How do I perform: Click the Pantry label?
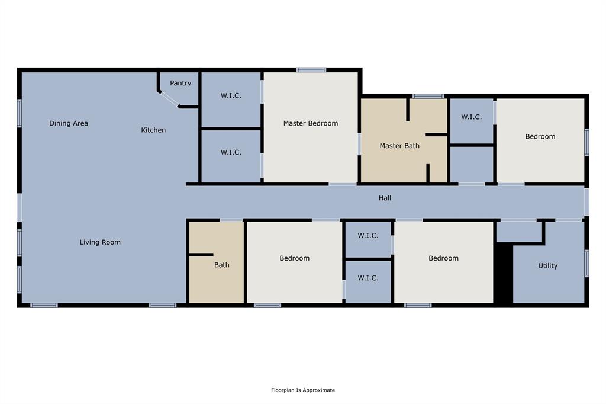pos(180,83)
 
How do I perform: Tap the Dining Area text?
pos(69,123)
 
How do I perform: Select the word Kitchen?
pos(153,130)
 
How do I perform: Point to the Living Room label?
pos(100,242)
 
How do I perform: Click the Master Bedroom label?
pos(311,123)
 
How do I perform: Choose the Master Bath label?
pos(399,146)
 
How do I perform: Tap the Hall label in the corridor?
pos(385,198)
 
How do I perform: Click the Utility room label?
pos(547,266)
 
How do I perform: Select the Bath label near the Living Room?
pos(222,265)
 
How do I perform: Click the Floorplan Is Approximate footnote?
pos(303,390)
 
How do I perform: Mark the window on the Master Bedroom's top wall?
pos(311,70)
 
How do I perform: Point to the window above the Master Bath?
pos(428,96)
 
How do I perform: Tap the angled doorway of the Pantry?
pos(169,99)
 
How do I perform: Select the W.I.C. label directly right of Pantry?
pos(231,95)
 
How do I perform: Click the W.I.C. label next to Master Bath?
pos(471,117)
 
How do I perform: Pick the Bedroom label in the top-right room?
pos(540,136)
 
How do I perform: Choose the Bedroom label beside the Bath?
pos(294,258)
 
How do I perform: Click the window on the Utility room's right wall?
pos(586,264)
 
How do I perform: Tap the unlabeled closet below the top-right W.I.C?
pos(472,164)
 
